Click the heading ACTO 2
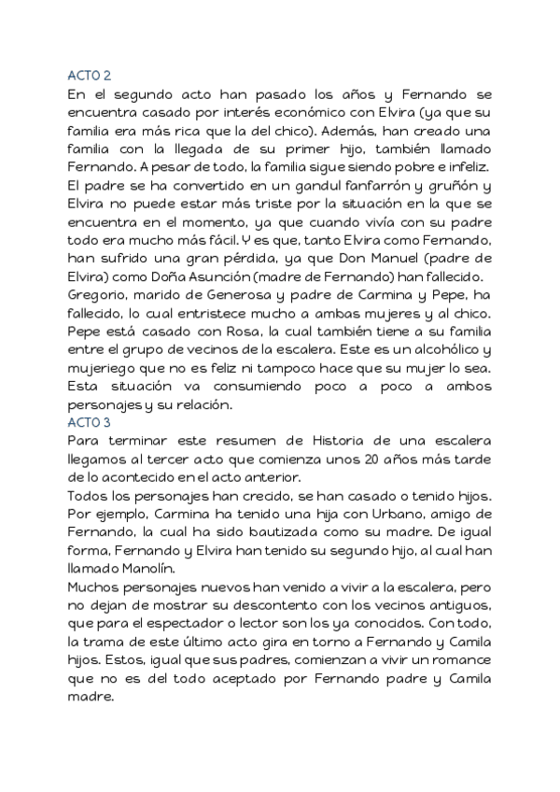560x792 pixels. [90, 77]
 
